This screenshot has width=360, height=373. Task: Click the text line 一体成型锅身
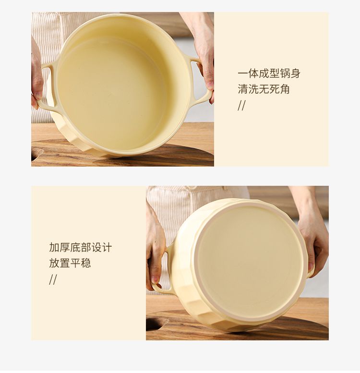pos(269,73)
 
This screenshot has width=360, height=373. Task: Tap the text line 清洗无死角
pos(264,89)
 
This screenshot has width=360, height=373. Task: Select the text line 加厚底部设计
pos(80,247)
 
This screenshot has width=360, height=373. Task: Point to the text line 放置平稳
pos(70,264)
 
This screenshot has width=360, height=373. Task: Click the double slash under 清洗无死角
pos(241,106)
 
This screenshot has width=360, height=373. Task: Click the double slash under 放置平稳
pos(53,279)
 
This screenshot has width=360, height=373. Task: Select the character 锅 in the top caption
pos(285,73)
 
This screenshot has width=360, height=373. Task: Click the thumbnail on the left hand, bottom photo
pos(156,278)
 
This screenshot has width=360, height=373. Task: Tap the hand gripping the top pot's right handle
pos(202,55)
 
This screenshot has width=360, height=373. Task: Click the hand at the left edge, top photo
pos(37,76)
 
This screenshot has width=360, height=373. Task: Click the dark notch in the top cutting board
pos(36,155)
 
